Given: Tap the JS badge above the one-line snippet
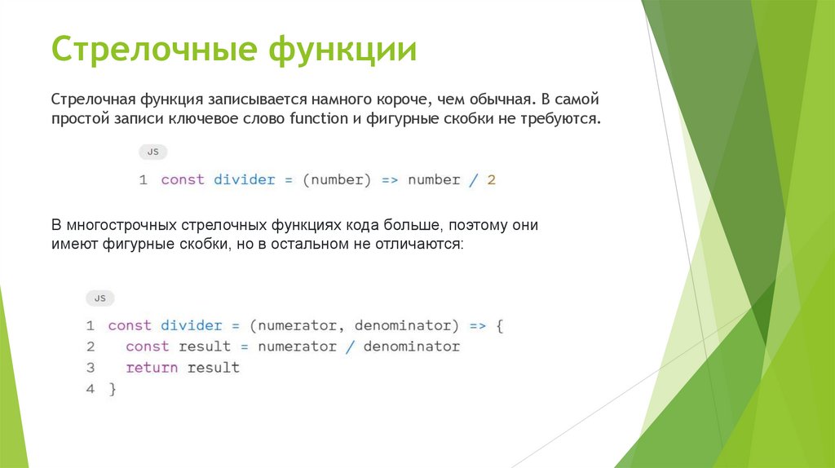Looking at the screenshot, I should (152, 152).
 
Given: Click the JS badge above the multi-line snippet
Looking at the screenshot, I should (99, 298).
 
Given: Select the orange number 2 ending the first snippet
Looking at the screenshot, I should (492, 180).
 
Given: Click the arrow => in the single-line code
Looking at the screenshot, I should (390, 180).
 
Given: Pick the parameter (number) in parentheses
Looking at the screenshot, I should (337, 180).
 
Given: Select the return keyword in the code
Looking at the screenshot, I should (152, 368).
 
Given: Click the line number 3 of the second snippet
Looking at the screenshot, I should (91, 368).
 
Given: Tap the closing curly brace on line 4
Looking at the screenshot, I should (113, 389).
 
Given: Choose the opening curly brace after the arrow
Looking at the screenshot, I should (500, 325).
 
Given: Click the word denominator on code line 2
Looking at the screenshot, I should (412, 347).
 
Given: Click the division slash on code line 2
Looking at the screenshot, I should (350, 347).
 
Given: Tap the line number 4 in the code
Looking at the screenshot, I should (91, 389).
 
